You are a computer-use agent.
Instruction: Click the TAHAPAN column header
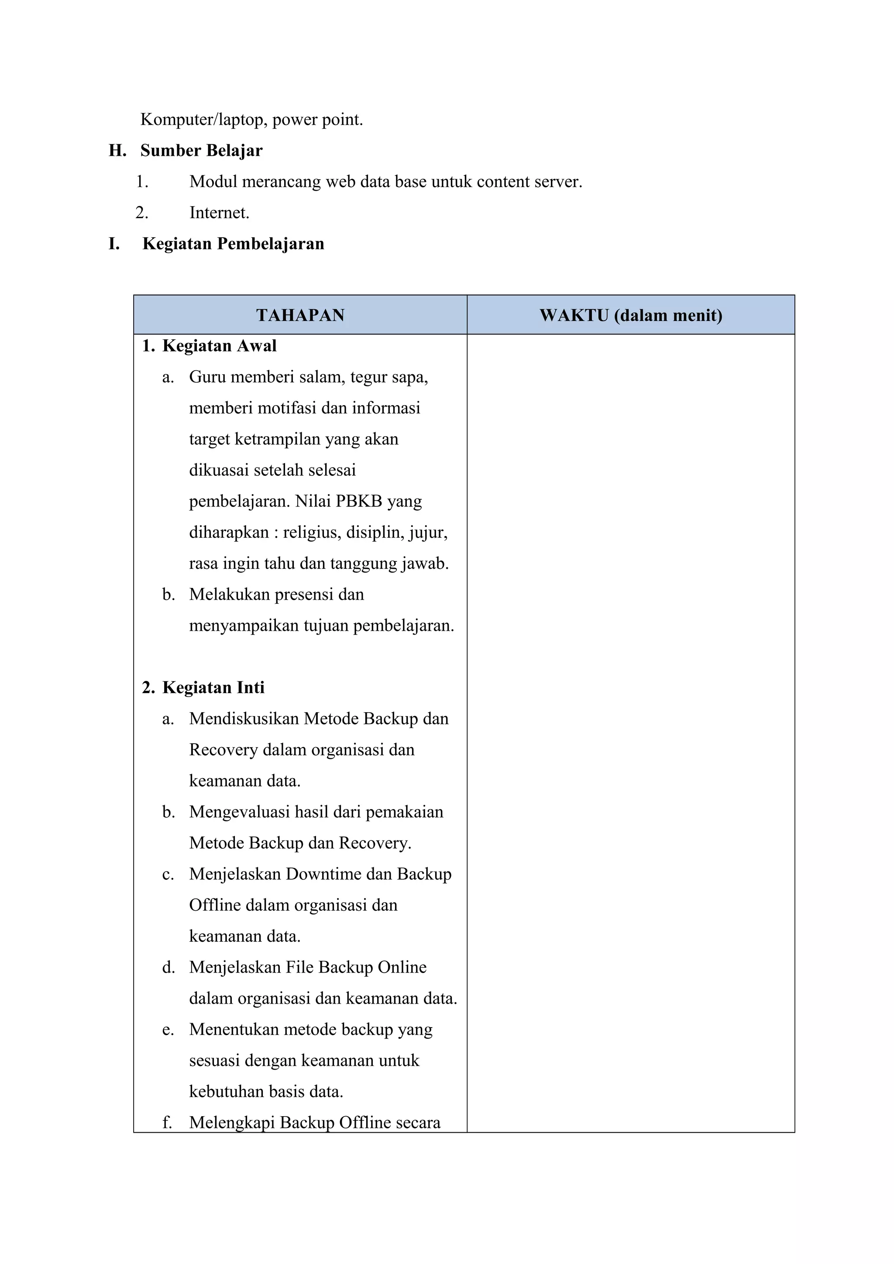point(300,315)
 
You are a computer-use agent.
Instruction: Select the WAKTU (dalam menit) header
point(631,315)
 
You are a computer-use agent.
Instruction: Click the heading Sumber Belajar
point(201,150)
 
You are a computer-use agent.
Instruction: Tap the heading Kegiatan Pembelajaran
point(233,243)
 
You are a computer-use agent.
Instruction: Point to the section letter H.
point(117,150)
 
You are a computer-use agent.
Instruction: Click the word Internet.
point(219,212)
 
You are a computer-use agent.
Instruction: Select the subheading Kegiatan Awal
point(219,346)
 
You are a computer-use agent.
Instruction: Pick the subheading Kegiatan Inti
point(213,687)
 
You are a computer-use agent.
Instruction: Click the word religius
point(312,533)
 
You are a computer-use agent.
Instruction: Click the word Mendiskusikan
point(244,719)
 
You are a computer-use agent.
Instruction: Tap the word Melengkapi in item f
point(231,1123)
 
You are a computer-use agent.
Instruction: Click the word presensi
point(305,594)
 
